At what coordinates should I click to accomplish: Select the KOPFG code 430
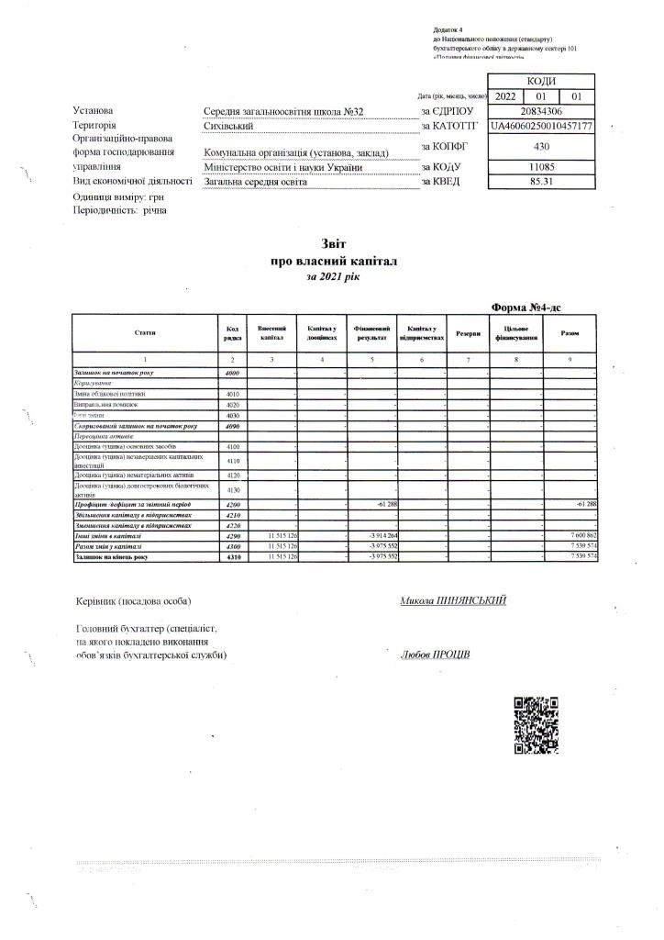click(x=541, y=145)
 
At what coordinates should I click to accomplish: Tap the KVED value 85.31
click(x=541, y=182)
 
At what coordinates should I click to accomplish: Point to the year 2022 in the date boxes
click(x=505, y=95)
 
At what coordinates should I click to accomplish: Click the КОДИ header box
click(x=541, y=81)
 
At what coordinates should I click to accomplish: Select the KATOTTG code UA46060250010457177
click(x=541, y=126)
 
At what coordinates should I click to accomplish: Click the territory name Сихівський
click(x=228, y=126)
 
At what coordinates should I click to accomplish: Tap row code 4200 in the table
click(x=232, y=505)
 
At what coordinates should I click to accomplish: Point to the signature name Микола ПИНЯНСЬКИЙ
click(x=453, y=601)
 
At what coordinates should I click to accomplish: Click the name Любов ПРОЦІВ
click(x=436, y=655)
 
